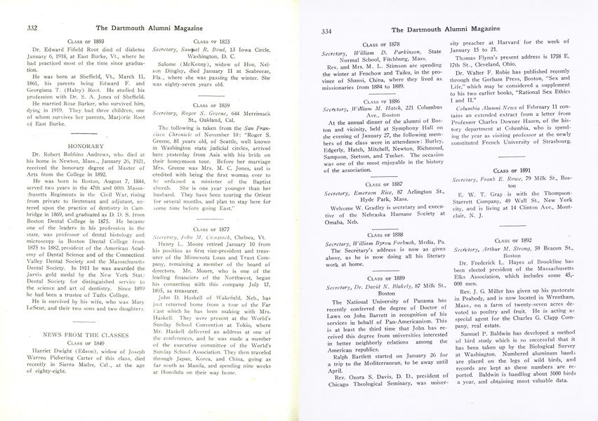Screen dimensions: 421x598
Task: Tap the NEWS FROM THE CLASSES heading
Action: click(x=79, y=335)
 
